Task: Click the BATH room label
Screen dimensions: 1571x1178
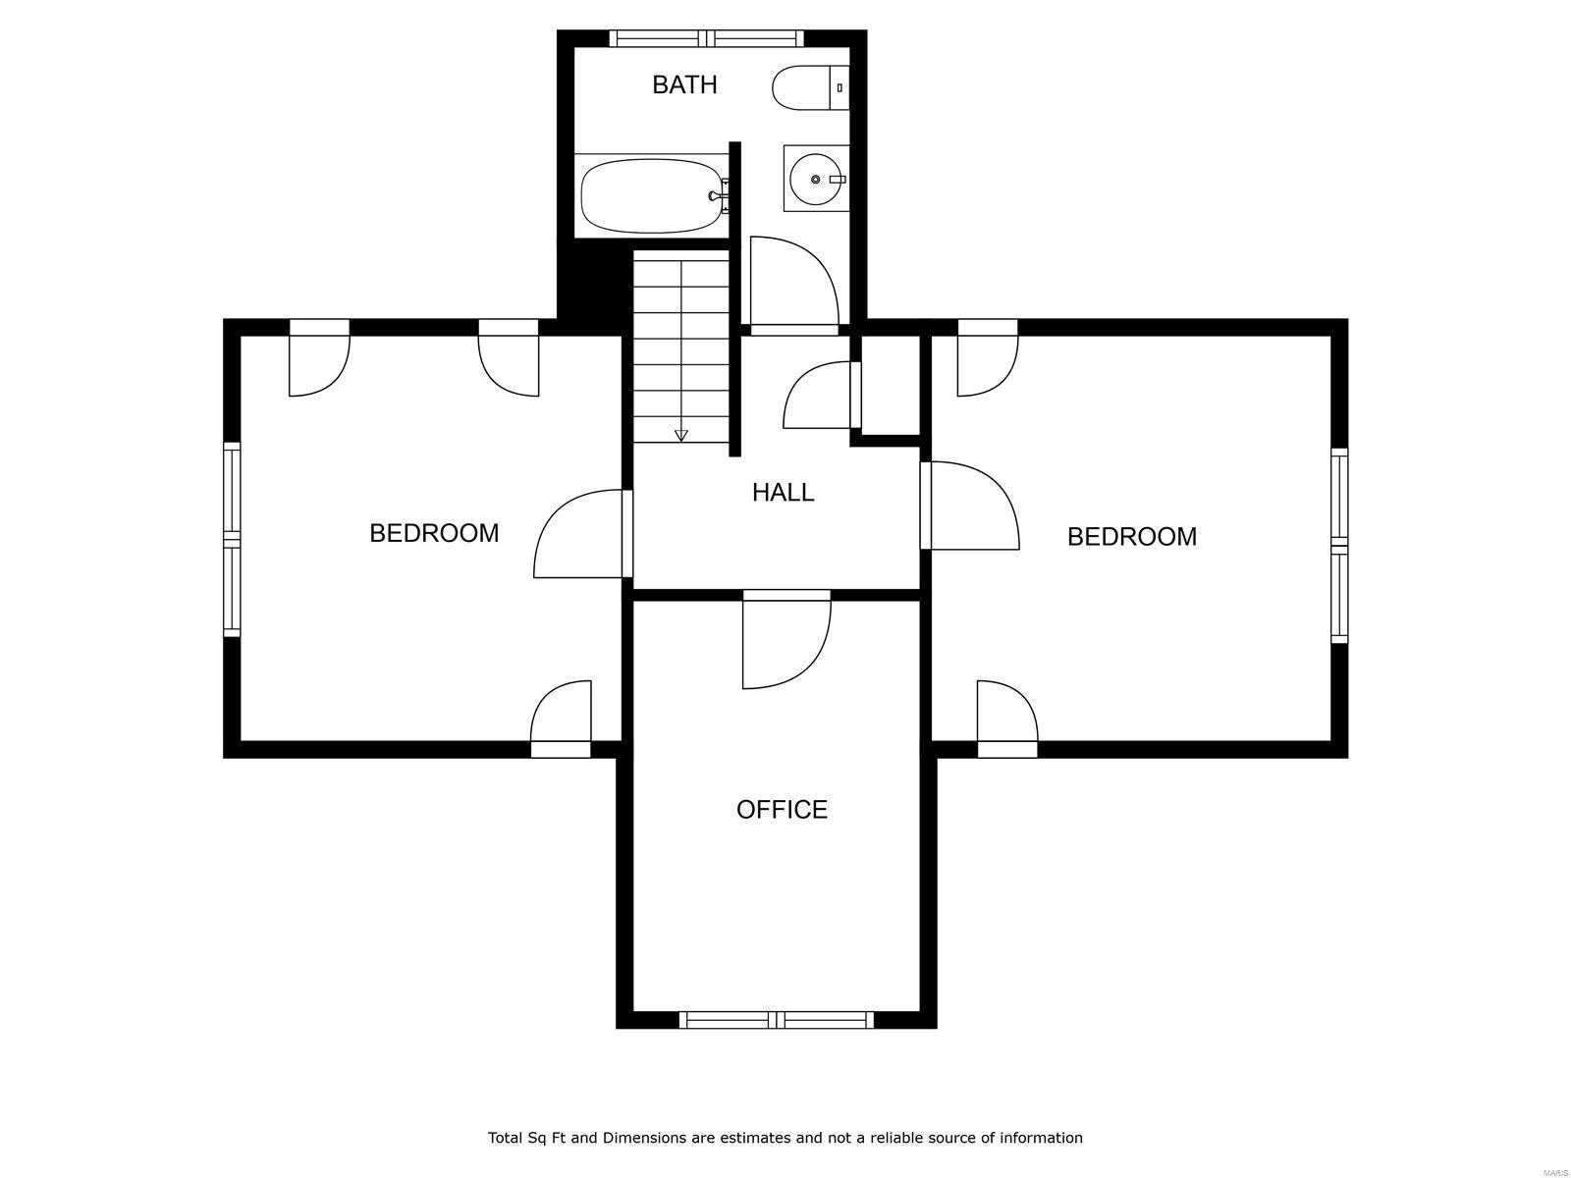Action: pyautogui.click(x=683, y=84)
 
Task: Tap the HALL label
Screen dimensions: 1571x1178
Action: pyautogui.click(x=783, y=492)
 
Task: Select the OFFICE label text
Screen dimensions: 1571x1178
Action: pyautogui.click(x=782, y=809)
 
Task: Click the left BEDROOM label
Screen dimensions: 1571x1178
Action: pyautogui.click(x=434, y=533)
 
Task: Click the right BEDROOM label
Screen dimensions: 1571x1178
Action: pyautogui.click(x=1131, y=536)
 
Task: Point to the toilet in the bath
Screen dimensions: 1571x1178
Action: pyautogui.click(x=810, y=87)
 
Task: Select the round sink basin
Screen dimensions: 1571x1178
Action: pyautogui.click(x=815, y=179)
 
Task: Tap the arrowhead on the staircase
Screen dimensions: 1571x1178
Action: pyautogui.click(x=680, y=435)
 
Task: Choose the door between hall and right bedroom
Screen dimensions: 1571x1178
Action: pyautogui.click(x=970, y=505)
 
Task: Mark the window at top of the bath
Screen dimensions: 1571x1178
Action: pyautogui.click(x=706, y=38)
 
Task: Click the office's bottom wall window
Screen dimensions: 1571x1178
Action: pyautogui.click(x=776, y=1020)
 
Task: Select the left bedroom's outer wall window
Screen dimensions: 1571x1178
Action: pyautogui.click(x=231, y=539)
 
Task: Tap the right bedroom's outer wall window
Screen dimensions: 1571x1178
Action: pyautogui.click(x=1339, y=546)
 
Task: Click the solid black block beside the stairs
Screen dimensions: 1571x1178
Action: pyautogui.click(x=594, y=283)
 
